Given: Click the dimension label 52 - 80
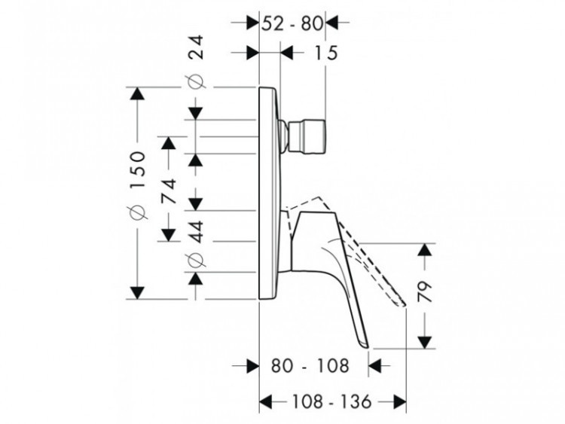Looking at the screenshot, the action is click(292, 24).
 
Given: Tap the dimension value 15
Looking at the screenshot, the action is click(326, 53).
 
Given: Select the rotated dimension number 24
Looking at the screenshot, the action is click(197, 47).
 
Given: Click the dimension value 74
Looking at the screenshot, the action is click(169, 191).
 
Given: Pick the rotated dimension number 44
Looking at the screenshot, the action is click(197, 232).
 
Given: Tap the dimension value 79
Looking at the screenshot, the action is click(426, 291).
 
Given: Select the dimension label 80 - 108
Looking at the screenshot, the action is click(310, 366).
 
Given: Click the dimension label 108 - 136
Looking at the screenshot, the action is click(331, 401).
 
